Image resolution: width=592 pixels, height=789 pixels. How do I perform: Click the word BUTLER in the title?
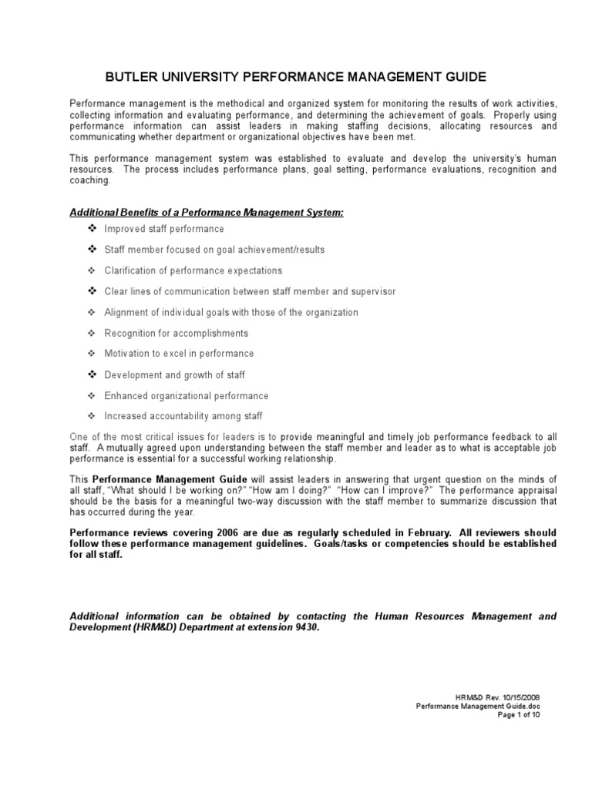(132, 76)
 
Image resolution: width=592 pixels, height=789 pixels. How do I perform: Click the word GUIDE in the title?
(459, 76)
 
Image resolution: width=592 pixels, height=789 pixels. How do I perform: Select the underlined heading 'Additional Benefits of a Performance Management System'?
(207, 212)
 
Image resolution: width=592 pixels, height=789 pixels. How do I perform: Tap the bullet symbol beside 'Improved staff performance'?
(90, 229)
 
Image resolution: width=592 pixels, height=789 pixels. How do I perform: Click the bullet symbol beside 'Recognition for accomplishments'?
(90, 333)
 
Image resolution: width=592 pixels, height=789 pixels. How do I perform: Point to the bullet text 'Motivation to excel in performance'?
(179, 354)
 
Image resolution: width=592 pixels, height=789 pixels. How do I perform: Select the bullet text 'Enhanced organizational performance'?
(187, 395)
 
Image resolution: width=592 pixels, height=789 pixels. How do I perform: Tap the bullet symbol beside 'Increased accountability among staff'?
(90, 416)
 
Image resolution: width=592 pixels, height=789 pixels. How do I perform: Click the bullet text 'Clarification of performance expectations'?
(193, 270)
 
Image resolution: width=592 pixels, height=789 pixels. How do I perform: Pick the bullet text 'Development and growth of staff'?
(174, 374)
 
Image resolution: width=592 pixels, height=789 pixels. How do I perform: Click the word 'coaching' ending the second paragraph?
(90, 180)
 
